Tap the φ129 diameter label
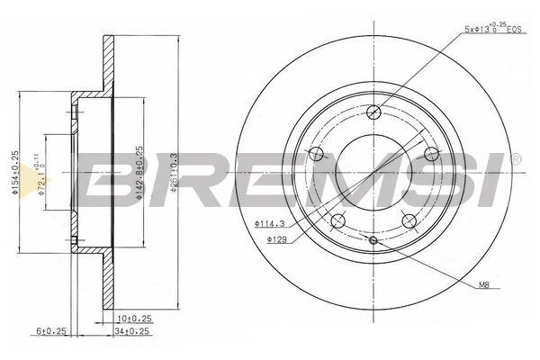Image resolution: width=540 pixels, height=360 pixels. pyautogui.click(x=275, y=240)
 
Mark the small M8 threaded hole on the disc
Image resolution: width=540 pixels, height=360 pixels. pyautogui.click(x=373, y=240)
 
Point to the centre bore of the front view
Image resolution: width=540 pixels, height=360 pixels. pyautogui.click(x=373, y=171)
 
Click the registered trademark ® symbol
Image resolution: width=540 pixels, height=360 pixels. pyautogui.click(x=515, y=159)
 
